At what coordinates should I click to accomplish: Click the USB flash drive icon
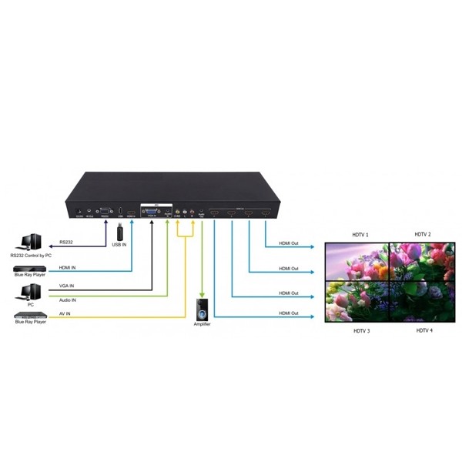(120, 233)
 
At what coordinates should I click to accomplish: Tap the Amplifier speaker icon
(202, 311)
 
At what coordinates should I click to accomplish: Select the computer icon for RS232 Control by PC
(30, 243)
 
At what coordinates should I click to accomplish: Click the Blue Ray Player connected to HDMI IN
(30, 270)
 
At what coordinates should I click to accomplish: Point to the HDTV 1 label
(360, 235)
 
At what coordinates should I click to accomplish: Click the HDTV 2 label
(423, 234)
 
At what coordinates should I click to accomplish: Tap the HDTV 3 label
(361, 330)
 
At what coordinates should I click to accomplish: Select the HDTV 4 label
(424, 330)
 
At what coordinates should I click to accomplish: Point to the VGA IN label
(67, 286)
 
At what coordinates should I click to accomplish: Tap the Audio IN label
(69, 300)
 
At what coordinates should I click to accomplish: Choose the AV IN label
(65, 314)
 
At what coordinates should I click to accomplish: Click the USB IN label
(120, 246)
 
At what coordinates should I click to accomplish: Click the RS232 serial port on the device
(105, 210)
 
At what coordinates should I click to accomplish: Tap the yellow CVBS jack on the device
(178, 211)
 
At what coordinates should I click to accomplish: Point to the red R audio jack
(191, 211)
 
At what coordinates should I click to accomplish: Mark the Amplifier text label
(202, 325)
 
